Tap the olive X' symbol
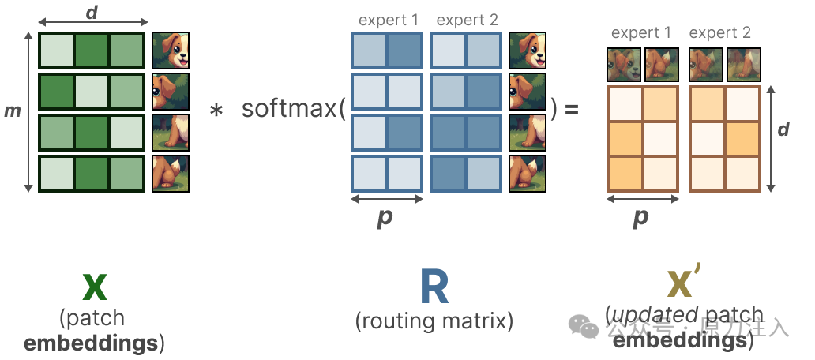click(x=684, y=287)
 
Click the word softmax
click(x=289, y=109)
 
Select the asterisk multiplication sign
click(x=216, y=111)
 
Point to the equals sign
click(x=570, y=109)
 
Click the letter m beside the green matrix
click(x=13, y=111)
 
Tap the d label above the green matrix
click(x=92, y=11)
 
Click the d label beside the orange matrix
click(x=783, y=129)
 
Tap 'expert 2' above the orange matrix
click(x=719, y=33)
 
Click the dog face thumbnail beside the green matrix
click(x=171, y=51)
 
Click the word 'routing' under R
click(x=399, y=321)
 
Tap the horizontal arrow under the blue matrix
click(x=386, y=198)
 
